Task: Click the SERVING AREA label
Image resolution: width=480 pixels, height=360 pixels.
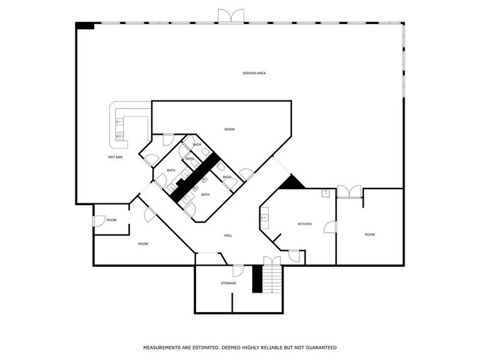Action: pos(254,73)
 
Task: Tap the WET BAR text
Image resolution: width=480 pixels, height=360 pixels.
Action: pos(115,157)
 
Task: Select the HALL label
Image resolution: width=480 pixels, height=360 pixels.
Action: pos(228,235)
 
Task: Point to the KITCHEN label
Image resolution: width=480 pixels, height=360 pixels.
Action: pos(305,224)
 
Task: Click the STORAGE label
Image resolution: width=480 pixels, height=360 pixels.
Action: pos(229,283)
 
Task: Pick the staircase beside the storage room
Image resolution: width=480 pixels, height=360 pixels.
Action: pos(272,279)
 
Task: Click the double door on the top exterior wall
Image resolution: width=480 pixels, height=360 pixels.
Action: pos(231,16)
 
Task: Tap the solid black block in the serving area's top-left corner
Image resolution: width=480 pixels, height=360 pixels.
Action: pos(84,26)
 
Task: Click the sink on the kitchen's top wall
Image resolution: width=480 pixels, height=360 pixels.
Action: pos(326,193)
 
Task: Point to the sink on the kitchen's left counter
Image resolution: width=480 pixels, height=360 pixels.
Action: pos(264,218)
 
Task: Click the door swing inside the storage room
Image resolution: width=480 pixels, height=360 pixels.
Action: pos(238,271)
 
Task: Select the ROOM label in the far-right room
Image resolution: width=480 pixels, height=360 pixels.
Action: pos(370,234)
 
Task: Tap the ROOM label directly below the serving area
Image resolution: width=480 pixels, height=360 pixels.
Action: pos(229,129)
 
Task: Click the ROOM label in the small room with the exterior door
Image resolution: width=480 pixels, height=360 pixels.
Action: pos(111,220)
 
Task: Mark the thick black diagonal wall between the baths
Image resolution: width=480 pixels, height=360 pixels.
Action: pos(195,178)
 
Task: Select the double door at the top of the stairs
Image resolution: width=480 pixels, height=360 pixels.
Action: pos(272,261)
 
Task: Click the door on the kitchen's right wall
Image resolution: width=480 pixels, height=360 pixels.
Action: pos(331,227)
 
